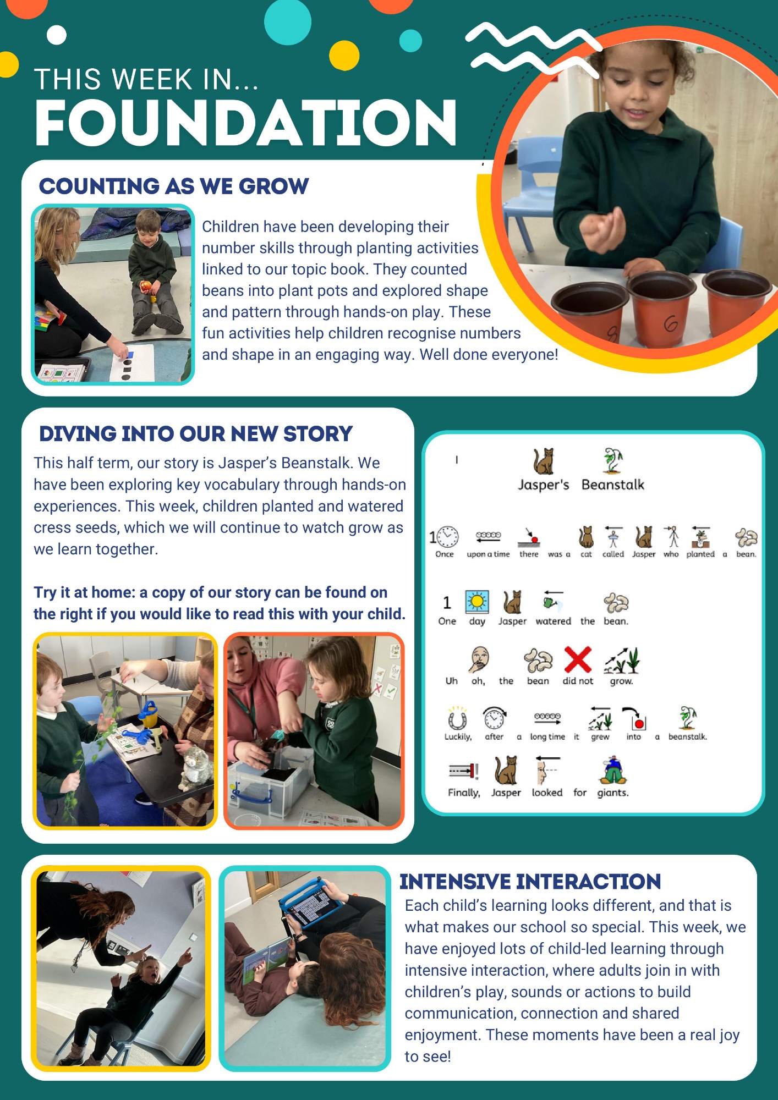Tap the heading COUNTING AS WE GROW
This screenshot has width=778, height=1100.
coord(174,186)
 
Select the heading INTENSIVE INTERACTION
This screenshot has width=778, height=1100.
coord(530,882)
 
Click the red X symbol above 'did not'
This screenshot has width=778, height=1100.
coord(578,659)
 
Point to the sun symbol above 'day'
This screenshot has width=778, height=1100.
coord(477,602)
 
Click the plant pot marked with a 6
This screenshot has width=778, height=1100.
coord(664,309)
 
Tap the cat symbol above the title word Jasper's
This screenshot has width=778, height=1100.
coord(544,461)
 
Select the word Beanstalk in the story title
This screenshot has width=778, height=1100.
coord(613,485)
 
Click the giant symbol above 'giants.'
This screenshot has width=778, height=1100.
coord(613,770)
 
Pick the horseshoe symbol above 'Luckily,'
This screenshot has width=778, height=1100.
coord(457,718)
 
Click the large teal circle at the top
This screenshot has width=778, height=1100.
coord(288,21)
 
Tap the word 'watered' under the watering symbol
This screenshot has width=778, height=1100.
coord(553,621)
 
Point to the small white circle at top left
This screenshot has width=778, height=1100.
coord(57,35)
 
